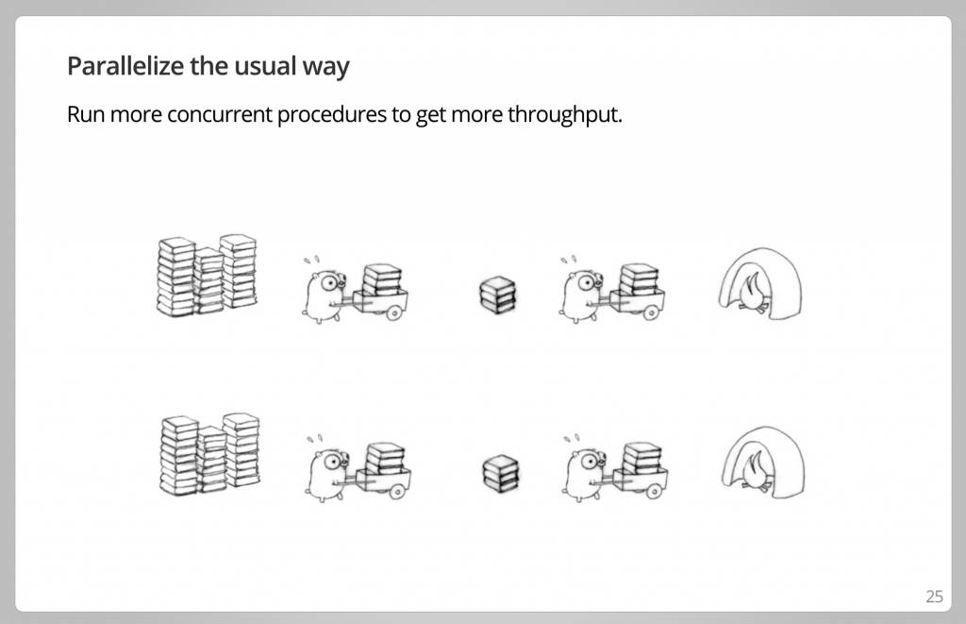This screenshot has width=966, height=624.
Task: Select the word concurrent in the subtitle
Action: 219,114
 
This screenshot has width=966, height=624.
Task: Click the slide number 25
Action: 934,597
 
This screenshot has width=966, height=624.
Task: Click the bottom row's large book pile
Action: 210,454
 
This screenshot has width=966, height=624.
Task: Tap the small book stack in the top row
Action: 498,295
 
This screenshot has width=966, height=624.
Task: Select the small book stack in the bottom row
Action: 501,474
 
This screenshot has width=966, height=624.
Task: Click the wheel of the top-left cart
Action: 393,313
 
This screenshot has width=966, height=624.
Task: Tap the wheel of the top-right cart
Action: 651,313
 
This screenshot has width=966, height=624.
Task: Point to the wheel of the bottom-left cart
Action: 397,492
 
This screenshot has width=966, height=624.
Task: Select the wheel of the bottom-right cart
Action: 654,492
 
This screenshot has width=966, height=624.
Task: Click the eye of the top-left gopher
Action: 330,283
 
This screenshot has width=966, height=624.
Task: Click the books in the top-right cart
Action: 639,279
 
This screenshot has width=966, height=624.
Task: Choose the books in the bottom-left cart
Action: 385,458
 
